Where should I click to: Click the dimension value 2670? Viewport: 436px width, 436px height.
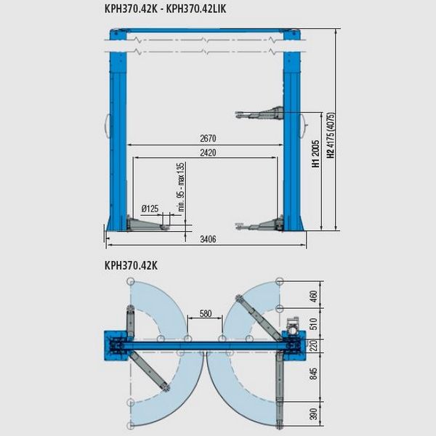208,138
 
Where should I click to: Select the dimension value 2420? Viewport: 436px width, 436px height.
208,153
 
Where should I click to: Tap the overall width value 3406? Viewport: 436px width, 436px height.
208,239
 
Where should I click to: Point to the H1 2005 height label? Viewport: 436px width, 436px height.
316,153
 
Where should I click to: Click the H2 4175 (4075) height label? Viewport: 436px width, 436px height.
331,135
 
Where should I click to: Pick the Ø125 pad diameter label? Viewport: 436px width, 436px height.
150,209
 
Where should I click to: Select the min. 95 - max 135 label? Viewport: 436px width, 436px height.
181,187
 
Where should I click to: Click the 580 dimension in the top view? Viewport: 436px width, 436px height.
206,313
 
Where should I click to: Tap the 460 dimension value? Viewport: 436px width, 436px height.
313,296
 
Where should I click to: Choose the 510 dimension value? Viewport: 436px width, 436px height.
313,323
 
